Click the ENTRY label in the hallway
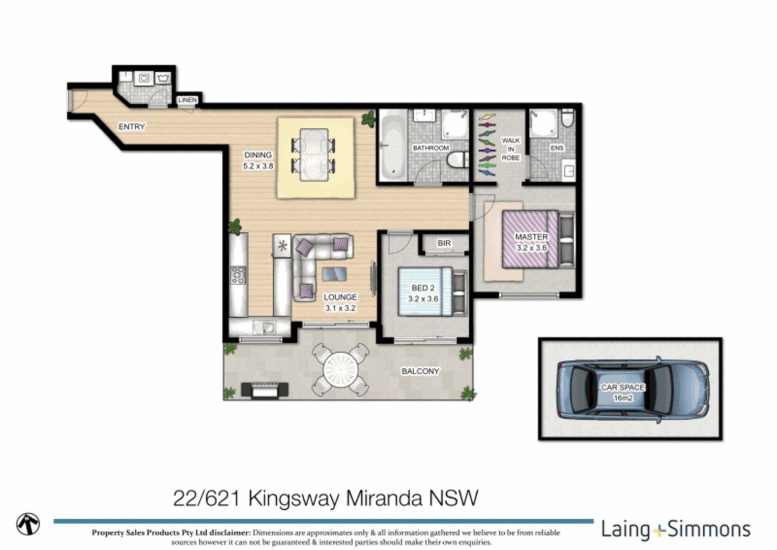click(132, 127)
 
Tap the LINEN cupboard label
click(187, 100)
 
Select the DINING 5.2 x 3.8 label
click(258, 160)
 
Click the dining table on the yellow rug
click(314, 155)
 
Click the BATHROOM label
click(430, 148)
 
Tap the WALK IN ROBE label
click(510, 149)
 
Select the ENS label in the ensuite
click(557, 148)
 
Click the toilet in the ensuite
click(567, 119)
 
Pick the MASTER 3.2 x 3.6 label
click(531, 242)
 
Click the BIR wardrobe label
click(444, 243)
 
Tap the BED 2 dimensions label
click(423, 293)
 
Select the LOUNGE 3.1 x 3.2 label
click(340, 302)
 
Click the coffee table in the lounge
click(334, 274)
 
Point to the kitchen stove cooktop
click(238, 275)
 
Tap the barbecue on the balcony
click(264, 390)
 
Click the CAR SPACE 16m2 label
click(623, 392)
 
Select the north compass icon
click(28, 524)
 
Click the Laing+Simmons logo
click(676, 530)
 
